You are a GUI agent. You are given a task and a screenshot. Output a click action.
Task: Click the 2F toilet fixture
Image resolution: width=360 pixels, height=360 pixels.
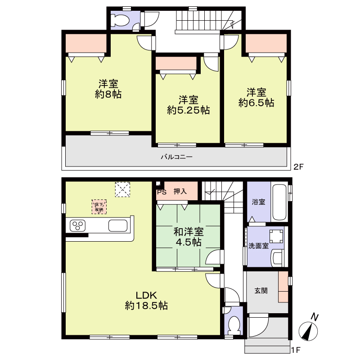[120, 20]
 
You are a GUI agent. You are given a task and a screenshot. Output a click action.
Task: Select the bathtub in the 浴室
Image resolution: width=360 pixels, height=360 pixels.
[279, 202]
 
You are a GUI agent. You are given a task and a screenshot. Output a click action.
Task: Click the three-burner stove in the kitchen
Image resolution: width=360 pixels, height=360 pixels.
[77, 225]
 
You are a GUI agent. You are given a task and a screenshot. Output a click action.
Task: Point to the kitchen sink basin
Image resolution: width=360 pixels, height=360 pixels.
[118, 225]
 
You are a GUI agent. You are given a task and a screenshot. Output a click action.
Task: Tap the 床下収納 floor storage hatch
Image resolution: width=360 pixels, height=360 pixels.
[99, 207]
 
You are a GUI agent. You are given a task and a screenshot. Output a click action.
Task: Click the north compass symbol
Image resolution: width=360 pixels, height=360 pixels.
[309, 329]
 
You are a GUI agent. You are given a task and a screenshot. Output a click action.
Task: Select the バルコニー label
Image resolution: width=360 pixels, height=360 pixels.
[176, 157]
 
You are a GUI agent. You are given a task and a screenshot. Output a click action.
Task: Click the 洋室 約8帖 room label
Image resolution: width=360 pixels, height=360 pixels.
[108, 89]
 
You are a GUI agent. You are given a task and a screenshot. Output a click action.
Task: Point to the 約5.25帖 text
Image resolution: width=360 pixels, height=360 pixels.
[188, 110]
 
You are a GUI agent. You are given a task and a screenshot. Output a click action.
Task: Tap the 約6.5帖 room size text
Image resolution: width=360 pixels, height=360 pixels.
[256, 103]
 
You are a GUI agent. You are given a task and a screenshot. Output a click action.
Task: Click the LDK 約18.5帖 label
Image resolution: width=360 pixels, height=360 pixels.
[146, 300]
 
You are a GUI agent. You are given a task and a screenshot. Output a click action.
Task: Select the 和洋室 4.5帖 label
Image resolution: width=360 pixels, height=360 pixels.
[189, 237]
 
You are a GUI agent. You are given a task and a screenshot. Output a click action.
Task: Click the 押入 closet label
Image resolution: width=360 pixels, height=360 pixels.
[180, 191]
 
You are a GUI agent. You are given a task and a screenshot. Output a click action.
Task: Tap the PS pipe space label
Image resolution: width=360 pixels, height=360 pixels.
[162, 192]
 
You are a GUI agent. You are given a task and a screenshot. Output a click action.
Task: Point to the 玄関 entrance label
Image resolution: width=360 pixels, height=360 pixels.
[261, 291]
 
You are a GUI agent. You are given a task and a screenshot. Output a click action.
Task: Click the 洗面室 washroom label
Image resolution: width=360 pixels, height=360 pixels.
[258, 246]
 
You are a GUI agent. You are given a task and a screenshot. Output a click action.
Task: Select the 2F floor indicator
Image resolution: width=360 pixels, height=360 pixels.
[299, 166]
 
